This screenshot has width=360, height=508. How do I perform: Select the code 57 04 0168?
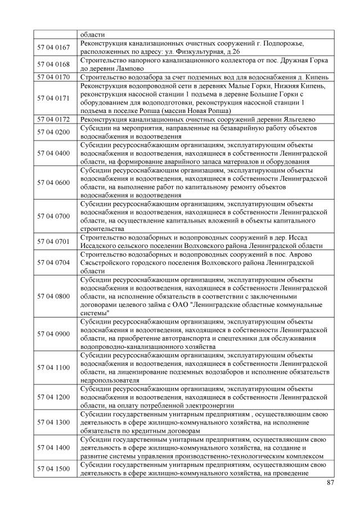pos(53,64)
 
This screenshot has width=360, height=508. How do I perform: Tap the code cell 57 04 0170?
pos(53,77)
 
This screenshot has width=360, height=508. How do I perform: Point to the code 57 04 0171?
pos(53,98)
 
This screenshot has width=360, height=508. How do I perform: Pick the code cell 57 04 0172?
pos(53,120)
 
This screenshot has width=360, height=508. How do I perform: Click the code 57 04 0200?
pos(53,132)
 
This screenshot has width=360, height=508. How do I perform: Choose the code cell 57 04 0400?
pos(53,153)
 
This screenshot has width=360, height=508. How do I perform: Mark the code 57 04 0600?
pos(53,182)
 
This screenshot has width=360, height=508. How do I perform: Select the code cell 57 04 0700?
pos(53,216)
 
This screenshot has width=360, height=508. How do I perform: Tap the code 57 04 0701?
pos(53,241)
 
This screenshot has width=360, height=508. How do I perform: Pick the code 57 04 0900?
pos(53,334)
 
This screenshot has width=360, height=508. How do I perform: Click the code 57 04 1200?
pos(53,397)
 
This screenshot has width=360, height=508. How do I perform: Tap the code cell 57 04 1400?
pos(53,447)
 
